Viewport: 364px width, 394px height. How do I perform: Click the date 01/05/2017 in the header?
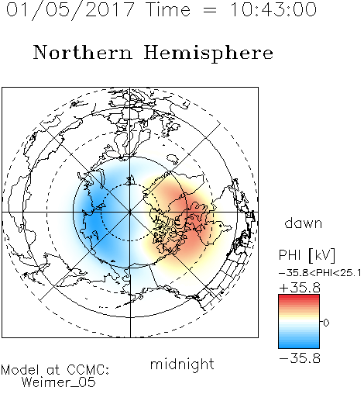point(70,9)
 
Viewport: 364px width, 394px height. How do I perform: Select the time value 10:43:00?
point(273,9)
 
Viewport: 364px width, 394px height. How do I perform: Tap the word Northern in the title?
point(83,52)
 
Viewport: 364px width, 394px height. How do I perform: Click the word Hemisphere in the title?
point(208,53)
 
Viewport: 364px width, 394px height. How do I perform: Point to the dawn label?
point(304,223)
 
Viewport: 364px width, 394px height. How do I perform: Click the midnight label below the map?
point(182,365)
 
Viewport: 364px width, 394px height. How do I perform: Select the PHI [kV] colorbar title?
point(307,255)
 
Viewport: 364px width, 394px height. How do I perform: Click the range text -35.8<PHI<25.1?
point(320,273)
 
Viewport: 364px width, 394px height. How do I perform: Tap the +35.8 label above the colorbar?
point(300,288)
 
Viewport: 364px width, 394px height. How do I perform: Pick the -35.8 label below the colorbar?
point(300,358)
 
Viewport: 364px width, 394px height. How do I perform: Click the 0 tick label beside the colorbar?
point(326,323)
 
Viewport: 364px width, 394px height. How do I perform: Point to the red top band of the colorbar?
point(299,297)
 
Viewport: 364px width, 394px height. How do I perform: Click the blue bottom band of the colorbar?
point(299,346)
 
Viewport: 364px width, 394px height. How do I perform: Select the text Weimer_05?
point(58,382)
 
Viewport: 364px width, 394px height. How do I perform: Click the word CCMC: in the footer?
point(88,370)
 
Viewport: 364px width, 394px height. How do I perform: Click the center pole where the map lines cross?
point(130,213)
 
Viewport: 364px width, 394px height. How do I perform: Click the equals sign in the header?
point(209,10)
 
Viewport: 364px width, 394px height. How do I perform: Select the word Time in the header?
point(168,9)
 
